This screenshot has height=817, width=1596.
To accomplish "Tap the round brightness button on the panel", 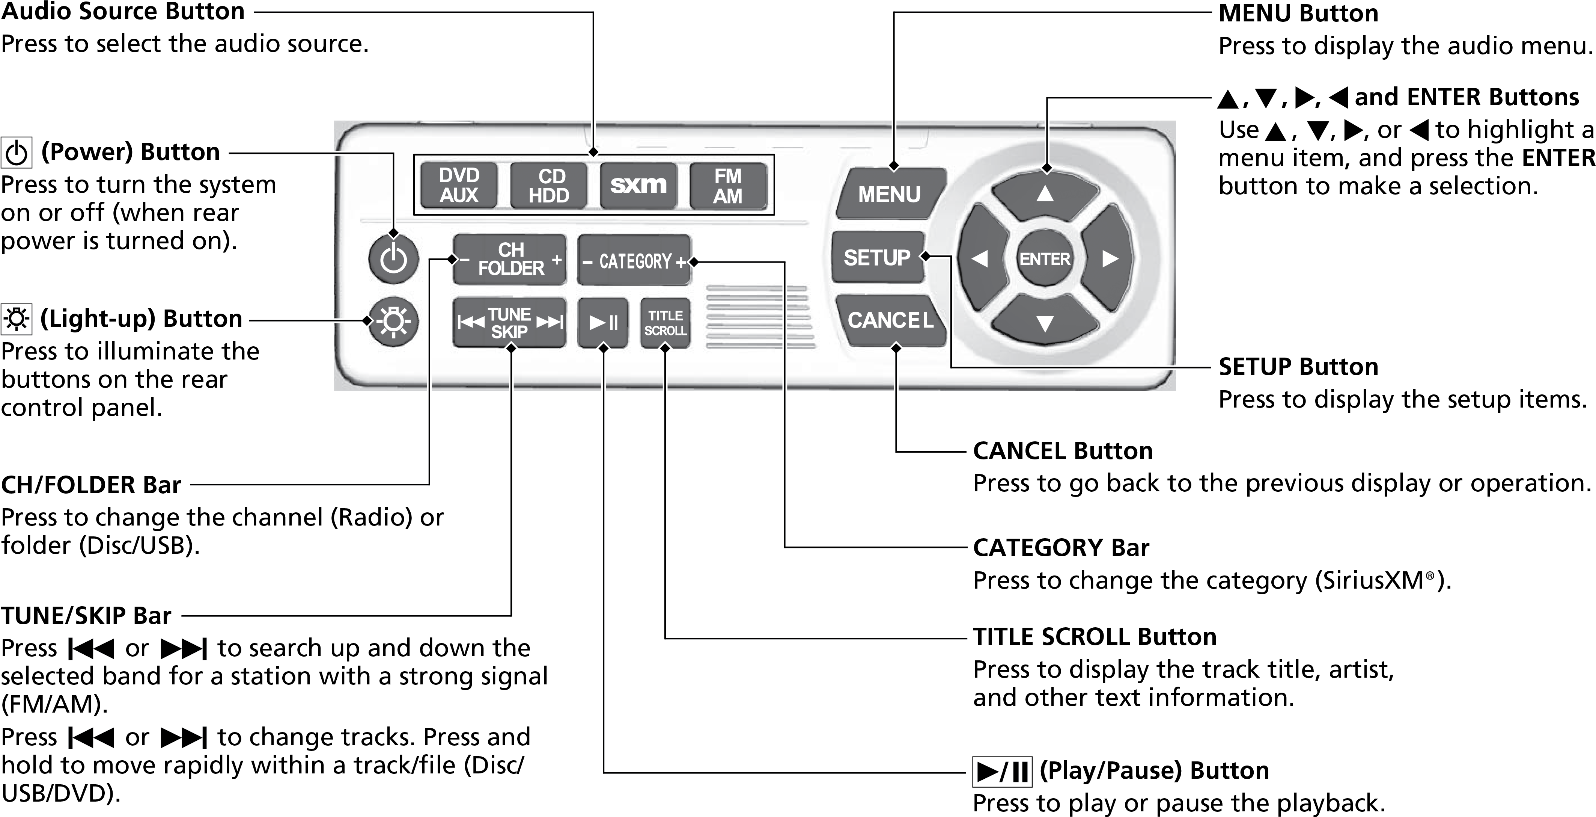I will pos(393,322).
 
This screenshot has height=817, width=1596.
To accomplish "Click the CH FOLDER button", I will pos(510,259).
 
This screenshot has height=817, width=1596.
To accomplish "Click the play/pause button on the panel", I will pos(603,323).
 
